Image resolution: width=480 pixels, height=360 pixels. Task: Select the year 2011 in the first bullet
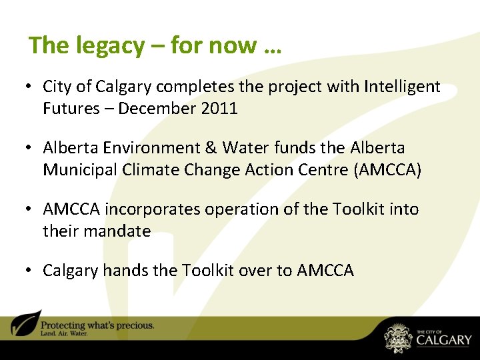pos(218,109)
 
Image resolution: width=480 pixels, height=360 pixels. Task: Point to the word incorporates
pos(153,209)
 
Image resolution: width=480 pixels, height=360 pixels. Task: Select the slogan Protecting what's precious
pos(97,325)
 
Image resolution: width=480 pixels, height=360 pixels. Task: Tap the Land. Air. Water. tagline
pos(65,333)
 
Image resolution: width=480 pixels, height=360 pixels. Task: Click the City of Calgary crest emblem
pos(398,337)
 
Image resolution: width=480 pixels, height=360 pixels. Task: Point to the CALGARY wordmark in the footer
pos(443,341)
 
